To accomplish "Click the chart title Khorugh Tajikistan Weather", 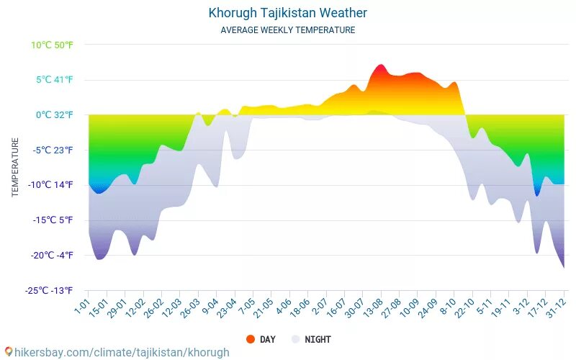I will (x=287, y=13).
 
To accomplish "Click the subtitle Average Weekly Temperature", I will (x=287, y=30).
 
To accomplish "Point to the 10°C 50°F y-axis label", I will (x=52, y=45).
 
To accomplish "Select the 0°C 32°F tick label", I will (x=55, y=114).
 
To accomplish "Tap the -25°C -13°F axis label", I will (x=49, y=291).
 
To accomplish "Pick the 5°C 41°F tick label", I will (x=55, y=80).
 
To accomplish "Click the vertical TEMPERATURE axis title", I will (x=15, y=168).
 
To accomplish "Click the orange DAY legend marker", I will (x=251, y=339).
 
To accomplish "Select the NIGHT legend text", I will (x=318, y=339).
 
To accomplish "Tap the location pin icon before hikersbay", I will (x=9, y=352).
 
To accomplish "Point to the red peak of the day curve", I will (x=381, y=66).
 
